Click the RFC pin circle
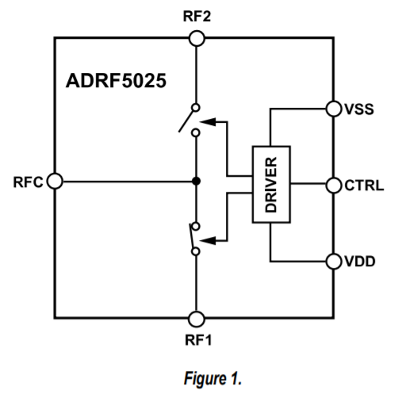click(55, 181)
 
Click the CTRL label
click(364, 185)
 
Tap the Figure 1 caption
click(197, 380)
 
